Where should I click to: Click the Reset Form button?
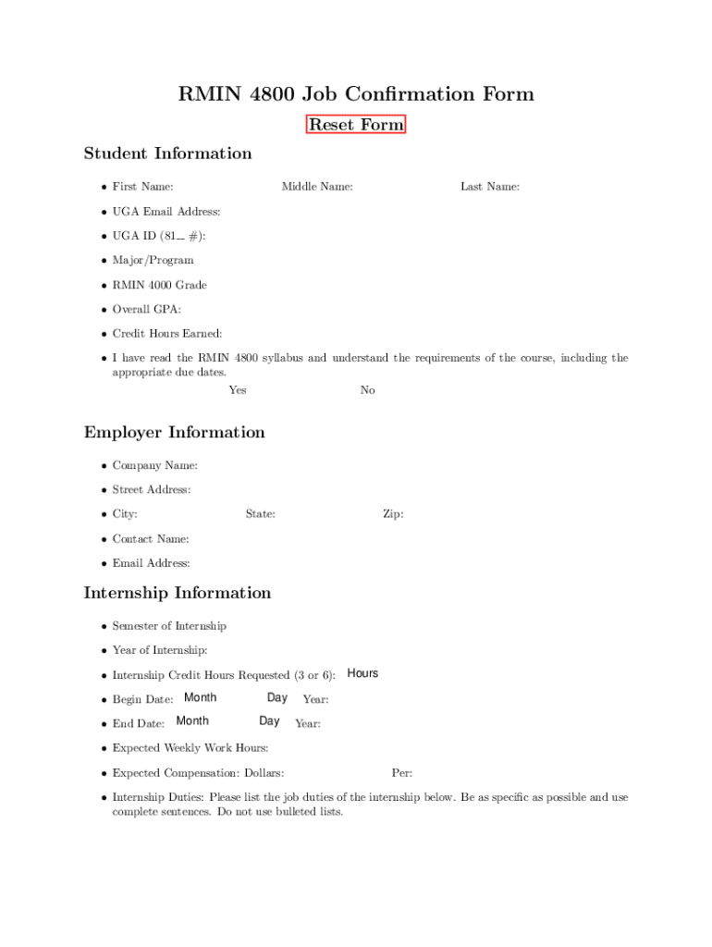pyautogui.click(x=356, y=125)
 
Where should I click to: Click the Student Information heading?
pyautogui.click(x=167, y=154)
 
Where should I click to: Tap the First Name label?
pyautogui.click(x=142, y=187)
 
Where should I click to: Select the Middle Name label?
pyautogui.click(x=317, y=187)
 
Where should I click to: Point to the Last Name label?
pyautogui.click(x=490, y=187)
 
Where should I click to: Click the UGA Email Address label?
pyautogui.click(x=166, y=212)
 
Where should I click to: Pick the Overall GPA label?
pyautogui.click(x=146, y=310)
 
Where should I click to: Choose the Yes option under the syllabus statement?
pyautogui.click(x=238, y=390)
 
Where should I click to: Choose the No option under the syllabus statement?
pyautogui.click(x=368, y=390)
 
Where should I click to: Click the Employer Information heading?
pyautogui.click(x=174, y=433)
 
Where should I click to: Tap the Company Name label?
pyautogui.click(x=154, y=466)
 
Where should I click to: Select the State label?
pyautogui.click(x=260, y=514)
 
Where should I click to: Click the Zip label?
pyautogui.click(x=393, y=514)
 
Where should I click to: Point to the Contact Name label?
pyautogui.click(x=151, y=539)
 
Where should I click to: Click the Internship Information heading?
pyautogui.click(x=178, y=593)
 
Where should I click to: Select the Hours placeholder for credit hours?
pyautogui.click(x=362, y=673)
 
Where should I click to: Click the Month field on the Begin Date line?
pyautogui.click(x=201, y=697)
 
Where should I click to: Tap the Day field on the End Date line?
pyautogui.click(x=269, y=721)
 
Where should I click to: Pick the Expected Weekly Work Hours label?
pyautogui.click(x=190, y=748)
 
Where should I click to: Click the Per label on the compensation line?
pyautogui.click(x=401, y=773)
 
